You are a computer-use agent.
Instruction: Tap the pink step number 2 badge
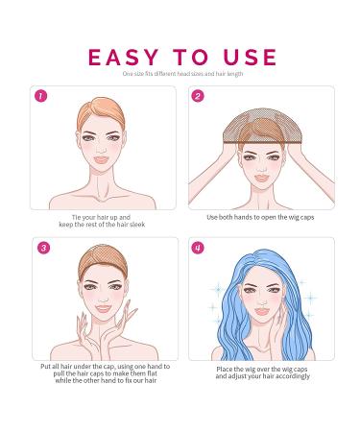[x=198, y=96]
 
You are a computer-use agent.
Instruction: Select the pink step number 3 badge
[x=41, y=249]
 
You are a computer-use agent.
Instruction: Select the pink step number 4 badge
[x=198, y=249]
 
